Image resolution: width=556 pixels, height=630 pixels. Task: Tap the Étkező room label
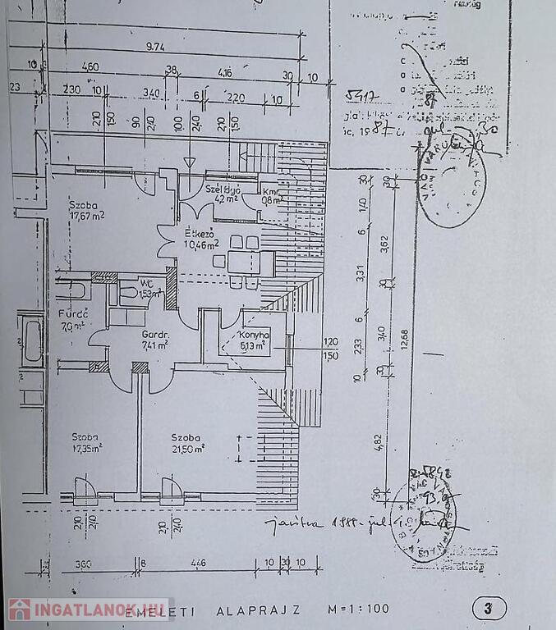[x=200, y=233]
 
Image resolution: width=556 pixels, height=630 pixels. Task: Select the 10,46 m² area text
[x=200, y=244]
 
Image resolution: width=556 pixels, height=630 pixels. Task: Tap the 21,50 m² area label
[x=187, y=449]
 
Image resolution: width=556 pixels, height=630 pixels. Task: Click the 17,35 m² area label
[x=85, y=449]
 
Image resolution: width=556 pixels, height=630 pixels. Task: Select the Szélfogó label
[x=223, y=189]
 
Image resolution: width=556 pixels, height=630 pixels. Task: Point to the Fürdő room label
[x=73, y=314]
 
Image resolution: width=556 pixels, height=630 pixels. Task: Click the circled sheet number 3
[x=489, y=609]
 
